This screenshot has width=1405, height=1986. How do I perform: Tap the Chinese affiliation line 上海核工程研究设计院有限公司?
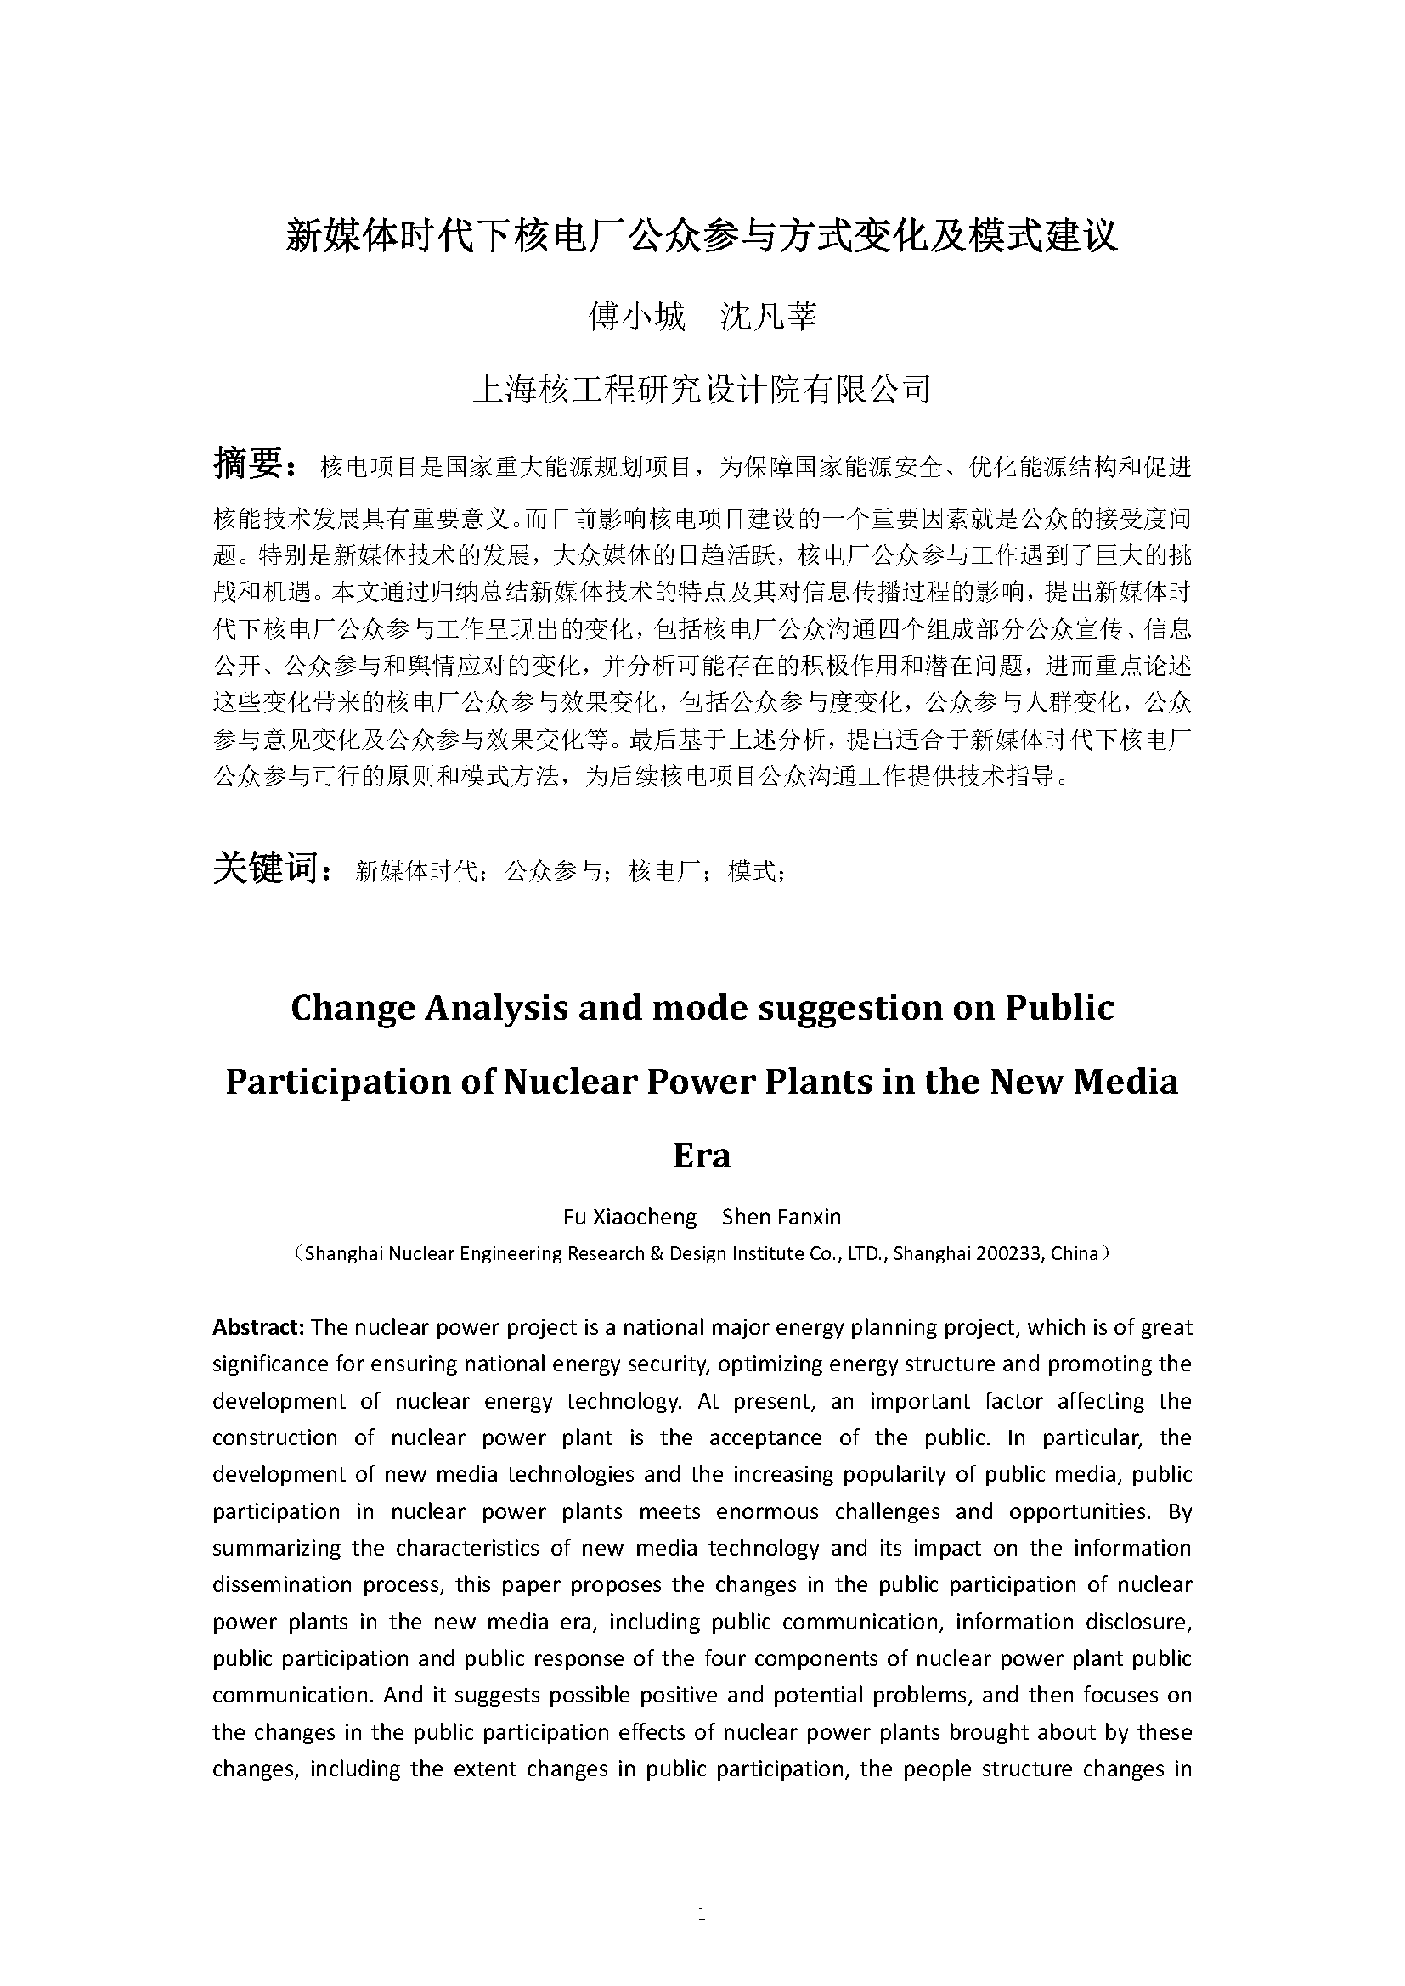click(702, 389)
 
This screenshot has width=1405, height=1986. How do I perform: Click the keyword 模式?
click(752, 872)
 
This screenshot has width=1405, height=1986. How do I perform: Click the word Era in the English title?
click(702, 1156)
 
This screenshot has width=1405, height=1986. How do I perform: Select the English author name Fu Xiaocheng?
click(629, 1217)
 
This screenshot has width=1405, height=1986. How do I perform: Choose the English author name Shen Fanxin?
click(781, 1217)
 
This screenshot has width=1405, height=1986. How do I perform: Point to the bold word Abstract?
click(258, 1327)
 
